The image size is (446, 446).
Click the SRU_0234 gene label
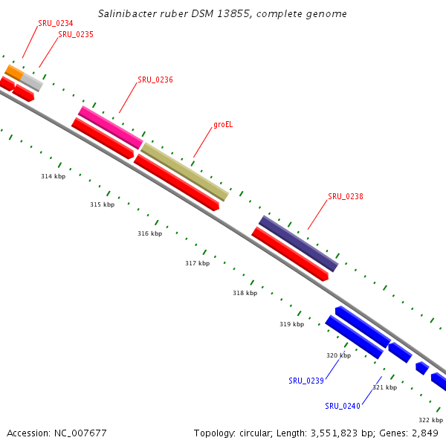click(56, 23)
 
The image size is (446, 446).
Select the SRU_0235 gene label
click(76, 34)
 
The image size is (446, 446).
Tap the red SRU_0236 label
click(155, 80)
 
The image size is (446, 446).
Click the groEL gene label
click(223, 124)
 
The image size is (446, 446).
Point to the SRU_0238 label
click(346, 197)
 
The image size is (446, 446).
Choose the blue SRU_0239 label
click(306, 381)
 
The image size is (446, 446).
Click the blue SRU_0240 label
click(343, 406)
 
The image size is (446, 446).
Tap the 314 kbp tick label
click(53, 176)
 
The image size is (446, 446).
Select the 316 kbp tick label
click(149, 233)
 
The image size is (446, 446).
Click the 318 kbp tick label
click(245, 293)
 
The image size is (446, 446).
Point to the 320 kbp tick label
click(338, 355)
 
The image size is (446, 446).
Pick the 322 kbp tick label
click(430, 420)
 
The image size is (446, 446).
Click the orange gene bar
click(14, 71)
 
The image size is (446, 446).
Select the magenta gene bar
click(110, 126)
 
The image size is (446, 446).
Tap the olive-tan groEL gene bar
click(184, 172)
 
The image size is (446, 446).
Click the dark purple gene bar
click(298, 243)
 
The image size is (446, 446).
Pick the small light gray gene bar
click(31, 81)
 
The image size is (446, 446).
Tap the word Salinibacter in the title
click(127, 14)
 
